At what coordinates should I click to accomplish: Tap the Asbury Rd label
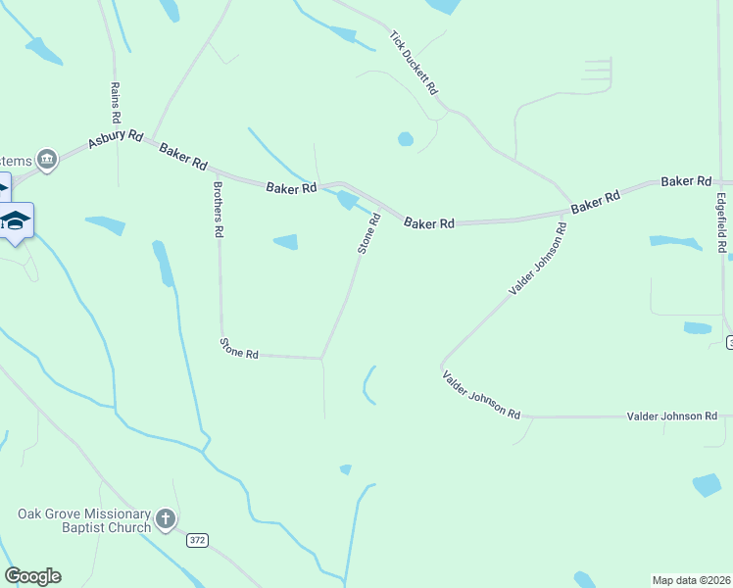coord(115,140)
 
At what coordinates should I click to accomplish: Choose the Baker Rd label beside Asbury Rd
coord(183,153)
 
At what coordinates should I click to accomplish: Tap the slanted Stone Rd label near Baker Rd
coord(368,235)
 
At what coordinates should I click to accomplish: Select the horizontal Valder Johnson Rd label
coord(672,416)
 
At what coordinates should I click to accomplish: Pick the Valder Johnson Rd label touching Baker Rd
coord(538,260)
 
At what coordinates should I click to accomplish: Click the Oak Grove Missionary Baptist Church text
coord(84,520)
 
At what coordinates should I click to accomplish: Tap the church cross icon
coord(166,519)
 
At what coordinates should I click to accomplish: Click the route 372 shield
coord(198,540)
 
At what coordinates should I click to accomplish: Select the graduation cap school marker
coord(16,219)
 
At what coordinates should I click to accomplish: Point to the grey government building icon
coord(46,159)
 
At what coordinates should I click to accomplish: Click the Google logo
coord(32,576)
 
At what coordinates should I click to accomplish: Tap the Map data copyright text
coord(691,579)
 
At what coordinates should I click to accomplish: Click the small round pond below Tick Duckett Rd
coord(406,139)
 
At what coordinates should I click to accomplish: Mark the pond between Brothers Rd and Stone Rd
coord(285,241)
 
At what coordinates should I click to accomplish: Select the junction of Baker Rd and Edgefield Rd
coord(718,182)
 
